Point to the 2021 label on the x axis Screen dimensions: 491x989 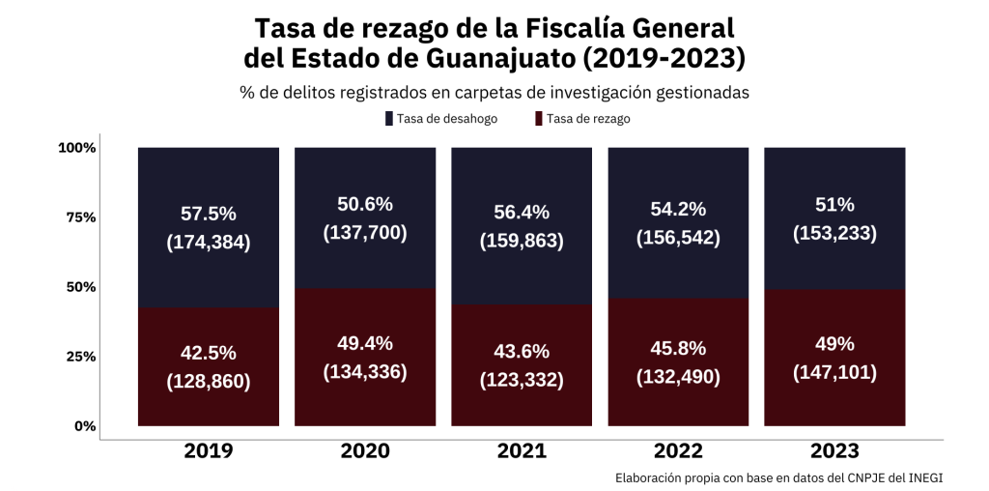(522, 450)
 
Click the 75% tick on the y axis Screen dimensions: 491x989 (77, 217)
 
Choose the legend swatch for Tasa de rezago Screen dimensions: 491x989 (537, 119)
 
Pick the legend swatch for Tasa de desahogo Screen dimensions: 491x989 (388, 119)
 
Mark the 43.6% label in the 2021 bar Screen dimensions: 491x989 (522, 352)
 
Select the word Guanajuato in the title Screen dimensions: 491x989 (497, 58)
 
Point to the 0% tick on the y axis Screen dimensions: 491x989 (85, 426)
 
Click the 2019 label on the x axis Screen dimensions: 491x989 (209, 450)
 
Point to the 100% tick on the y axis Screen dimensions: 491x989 (76, 148)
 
